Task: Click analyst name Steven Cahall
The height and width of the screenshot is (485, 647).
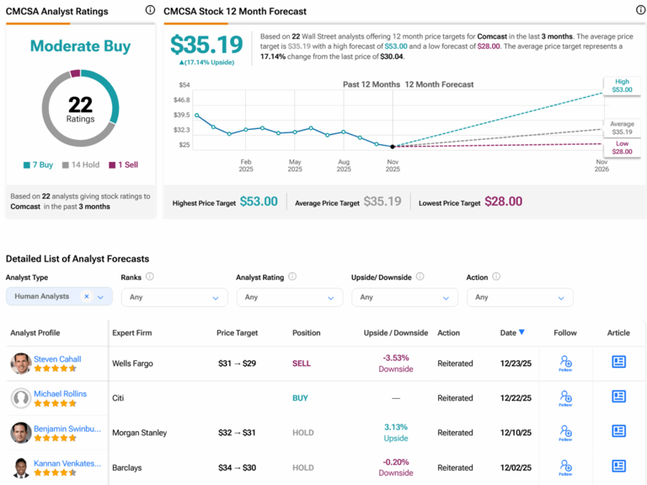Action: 57,358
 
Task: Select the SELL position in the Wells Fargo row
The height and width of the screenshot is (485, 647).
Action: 301,364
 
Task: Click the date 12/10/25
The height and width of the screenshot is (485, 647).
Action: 516,433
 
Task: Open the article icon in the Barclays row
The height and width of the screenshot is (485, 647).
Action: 618,466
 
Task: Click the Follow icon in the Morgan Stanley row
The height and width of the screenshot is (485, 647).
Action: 565,432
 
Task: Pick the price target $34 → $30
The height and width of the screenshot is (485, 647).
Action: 237,467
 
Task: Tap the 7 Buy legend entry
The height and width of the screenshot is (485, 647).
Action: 39,165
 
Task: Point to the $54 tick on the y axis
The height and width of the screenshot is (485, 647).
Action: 182,85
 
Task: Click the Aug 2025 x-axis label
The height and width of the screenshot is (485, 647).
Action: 344,164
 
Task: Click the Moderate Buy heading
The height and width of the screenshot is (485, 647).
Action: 80,46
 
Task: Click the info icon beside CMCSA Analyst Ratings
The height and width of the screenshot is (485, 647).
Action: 150,11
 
